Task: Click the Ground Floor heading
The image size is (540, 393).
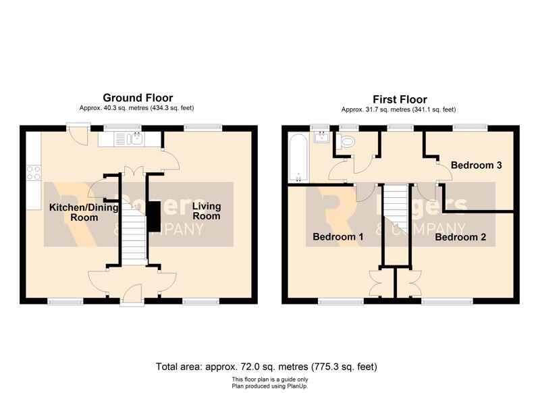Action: click(x=138, y=98)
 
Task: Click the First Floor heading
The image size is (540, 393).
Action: click(x=400, y=99)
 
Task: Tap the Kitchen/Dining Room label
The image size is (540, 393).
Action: click(x=84, y=213)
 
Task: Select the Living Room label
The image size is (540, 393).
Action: click(x=207, y=211)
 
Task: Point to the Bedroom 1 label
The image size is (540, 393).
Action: click(x=338, y=236)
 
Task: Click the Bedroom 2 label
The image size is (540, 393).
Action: click(x=460, y=237)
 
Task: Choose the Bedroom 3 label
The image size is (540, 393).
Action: click(x=477, y=165)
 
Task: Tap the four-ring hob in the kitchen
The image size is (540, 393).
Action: click(x=34, y=173)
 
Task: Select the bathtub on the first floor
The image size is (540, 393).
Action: click(x=298, y=158)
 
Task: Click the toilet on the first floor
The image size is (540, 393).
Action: click(x=346, y=141)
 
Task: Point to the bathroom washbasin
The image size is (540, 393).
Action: click(x=323, y=137)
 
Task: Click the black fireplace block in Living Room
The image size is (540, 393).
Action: click(x=155, y=217)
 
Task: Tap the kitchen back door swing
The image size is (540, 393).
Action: click(x=78, y=136)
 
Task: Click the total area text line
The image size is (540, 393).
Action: click(x=266, y=367)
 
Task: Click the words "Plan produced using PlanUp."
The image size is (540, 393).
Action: click(x=269, y=386)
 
